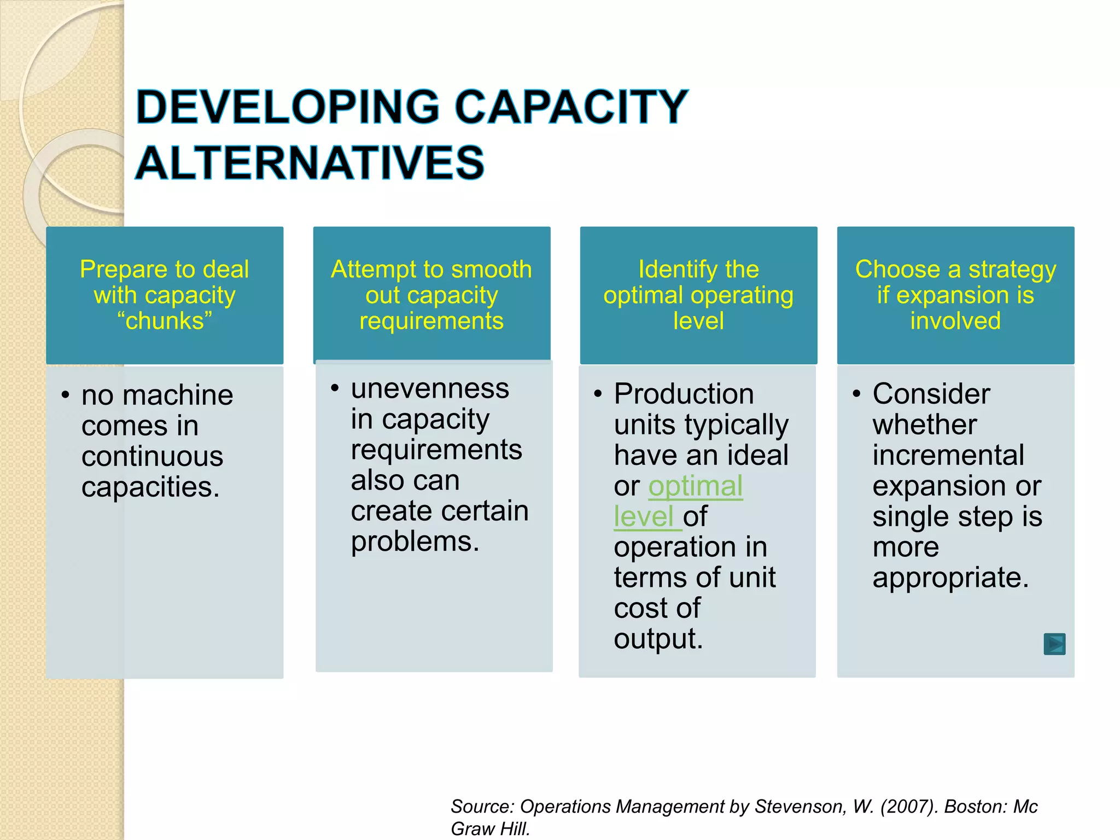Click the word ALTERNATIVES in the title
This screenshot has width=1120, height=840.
[310, 163]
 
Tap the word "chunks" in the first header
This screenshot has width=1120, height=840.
[165, 321]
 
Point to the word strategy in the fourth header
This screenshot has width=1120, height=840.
[1012, 270]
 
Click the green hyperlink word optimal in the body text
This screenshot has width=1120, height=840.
[695, 486]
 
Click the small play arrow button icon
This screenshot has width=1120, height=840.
[1054, 644]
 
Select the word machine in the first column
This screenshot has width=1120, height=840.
[178, 395]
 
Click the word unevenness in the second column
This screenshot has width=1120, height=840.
[430, 389]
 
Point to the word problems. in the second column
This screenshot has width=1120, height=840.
[415, 542]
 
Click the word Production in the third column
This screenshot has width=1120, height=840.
[684, 394]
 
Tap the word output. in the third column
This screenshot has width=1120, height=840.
[658, 639]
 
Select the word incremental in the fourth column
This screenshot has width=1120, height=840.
[948, 456]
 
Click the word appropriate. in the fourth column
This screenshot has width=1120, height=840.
[950, 578]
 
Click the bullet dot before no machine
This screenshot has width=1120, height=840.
[66, 395]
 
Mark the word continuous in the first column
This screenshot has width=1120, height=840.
[152, 457]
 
